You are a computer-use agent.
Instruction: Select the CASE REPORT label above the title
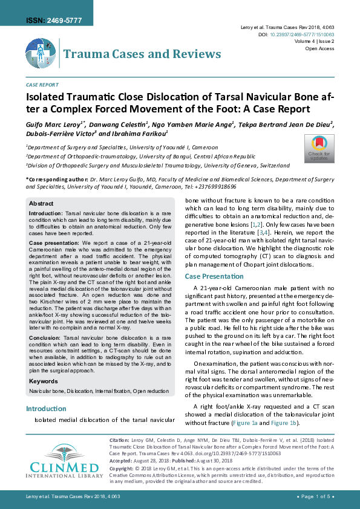click(42, 85)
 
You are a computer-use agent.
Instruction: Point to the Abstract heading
click(41, 204)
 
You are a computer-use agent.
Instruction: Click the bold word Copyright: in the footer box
click(122, 469)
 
